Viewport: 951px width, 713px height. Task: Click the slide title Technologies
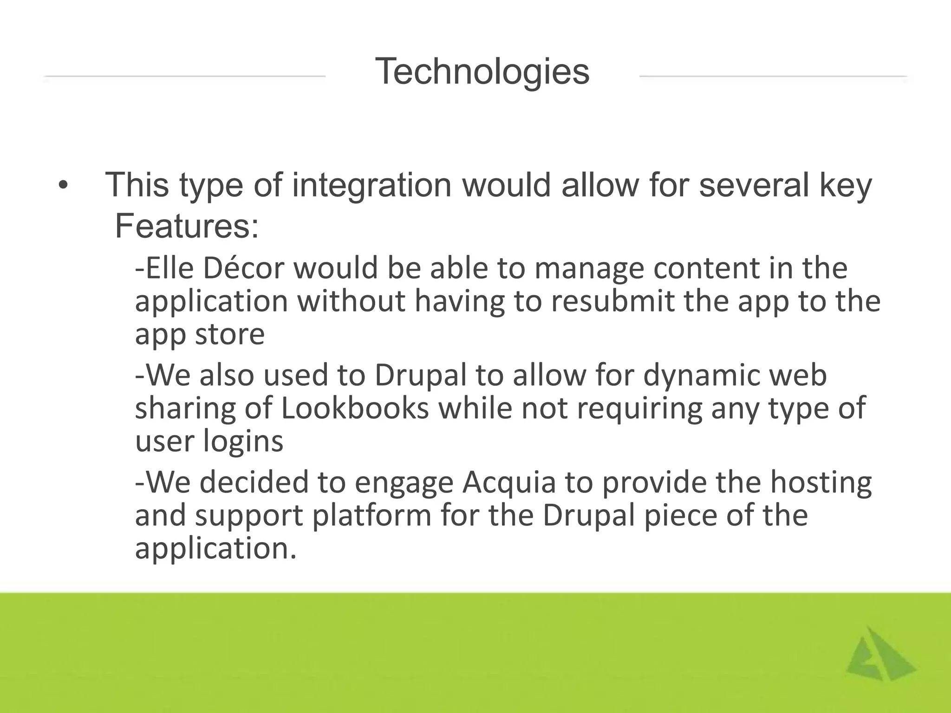(x=482, y=72)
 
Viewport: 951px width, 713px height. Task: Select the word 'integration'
(x=371, y=185)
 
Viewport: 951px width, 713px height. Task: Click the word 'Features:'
(x=187, y=227)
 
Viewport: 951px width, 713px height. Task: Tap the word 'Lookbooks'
(x=355, y=408)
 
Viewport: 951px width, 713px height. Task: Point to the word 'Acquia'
(x=509, y=482)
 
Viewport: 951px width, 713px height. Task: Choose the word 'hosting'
(x=821, y=482)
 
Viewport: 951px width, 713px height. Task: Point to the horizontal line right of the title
(x=773, y=76)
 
